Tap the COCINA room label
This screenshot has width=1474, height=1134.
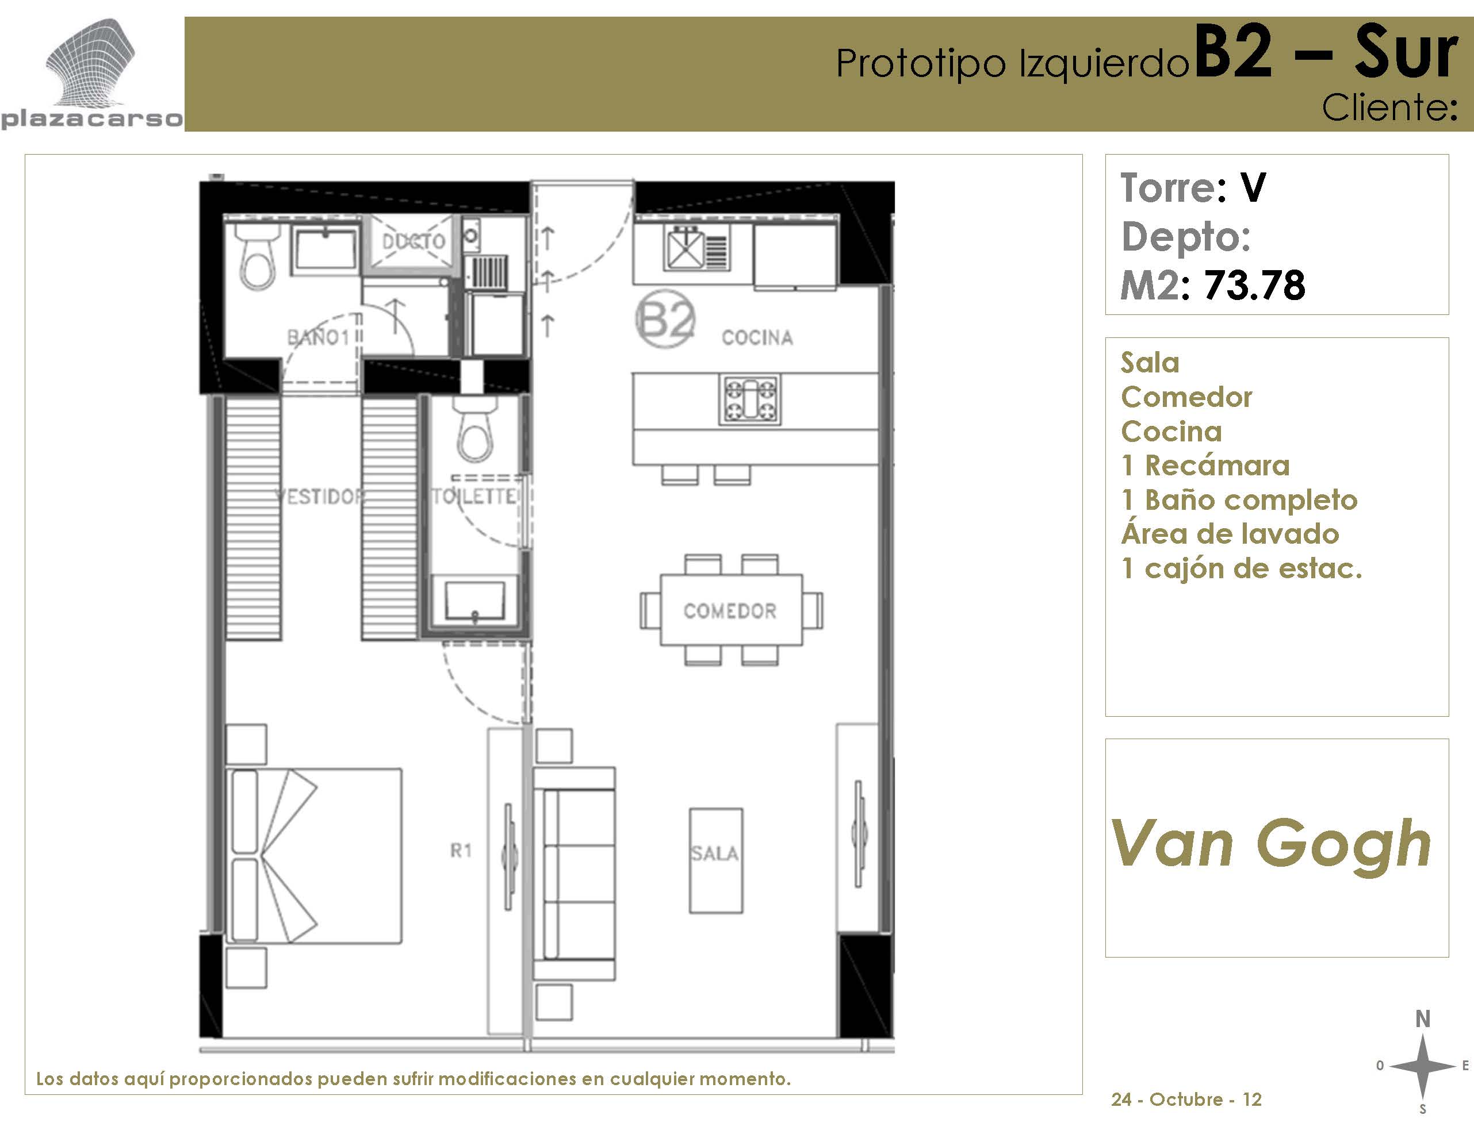pos(757,337)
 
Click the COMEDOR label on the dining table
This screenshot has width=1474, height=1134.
pos(730,611)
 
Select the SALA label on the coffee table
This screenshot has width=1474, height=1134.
pos(714,854)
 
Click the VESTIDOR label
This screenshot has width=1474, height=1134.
pos(319,497)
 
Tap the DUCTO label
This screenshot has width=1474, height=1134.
pos(413,241)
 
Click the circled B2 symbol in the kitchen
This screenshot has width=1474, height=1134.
pos(665,319)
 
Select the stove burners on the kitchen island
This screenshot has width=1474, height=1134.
pos(749,400)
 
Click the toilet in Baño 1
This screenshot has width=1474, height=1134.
pos(257,257)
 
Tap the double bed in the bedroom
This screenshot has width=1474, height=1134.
pos(314,855)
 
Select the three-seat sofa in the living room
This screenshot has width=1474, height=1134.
pos(575,874)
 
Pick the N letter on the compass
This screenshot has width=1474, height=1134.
pos(1423,1018)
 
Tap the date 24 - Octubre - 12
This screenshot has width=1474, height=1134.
pos(1186,1100)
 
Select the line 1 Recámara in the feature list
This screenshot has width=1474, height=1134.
pos(1205,466)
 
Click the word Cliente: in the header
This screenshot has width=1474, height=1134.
pos(1389,108)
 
